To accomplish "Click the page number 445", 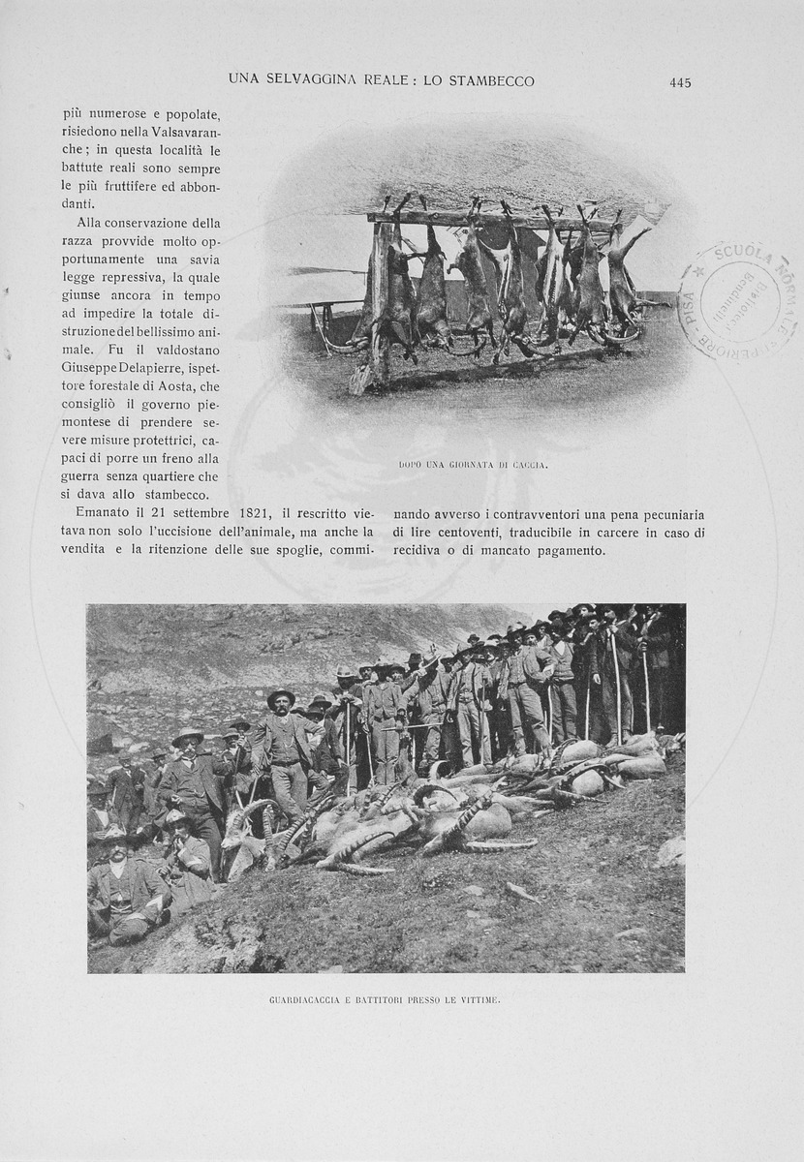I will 680,82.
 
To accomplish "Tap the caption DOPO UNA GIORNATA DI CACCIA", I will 473,465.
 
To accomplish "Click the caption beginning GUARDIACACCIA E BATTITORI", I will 385,998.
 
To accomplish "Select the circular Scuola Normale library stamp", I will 739,301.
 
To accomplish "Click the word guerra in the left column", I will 84,476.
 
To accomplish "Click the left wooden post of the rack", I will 379,300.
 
